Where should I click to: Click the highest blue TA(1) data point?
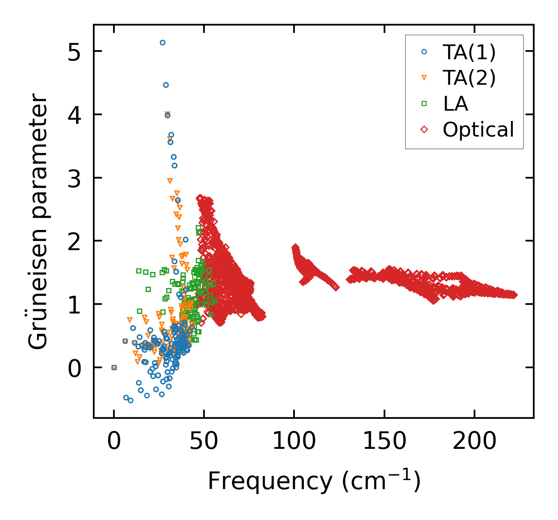point(162,42)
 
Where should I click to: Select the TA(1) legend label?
point(469,52)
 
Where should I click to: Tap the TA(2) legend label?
point(469,78)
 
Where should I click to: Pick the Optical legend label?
point(478,130)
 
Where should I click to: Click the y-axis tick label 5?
point(74,51)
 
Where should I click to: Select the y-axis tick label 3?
point(74,178)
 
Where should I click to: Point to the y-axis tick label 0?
point(74,367)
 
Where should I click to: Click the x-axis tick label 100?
point(294,441)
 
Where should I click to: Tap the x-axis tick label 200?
point(474,441)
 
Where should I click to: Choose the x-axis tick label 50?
point(204,441)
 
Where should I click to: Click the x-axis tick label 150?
point(384,441)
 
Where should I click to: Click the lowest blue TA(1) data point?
point(130,400)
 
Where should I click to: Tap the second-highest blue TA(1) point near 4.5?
point(166,85)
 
